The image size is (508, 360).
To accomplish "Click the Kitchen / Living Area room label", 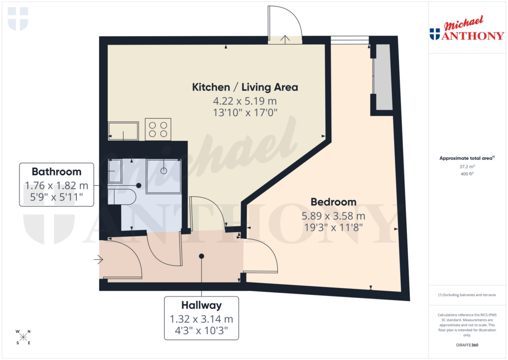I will pos(245,87).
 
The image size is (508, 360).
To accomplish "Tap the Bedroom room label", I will pos(333,202).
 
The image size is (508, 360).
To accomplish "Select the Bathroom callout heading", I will pos(57,172).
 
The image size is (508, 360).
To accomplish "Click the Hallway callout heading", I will pos(201,305).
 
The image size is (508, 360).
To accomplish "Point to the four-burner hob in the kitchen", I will pos(158,129).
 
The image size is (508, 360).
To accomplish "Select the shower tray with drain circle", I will pos(164,175).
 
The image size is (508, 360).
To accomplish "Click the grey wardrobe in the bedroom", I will pos(383,77).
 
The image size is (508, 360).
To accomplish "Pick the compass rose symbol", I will pos(23,337).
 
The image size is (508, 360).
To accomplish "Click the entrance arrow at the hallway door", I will pos(98,259).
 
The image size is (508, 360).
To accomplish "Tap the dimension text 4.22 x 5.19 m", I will pos(245,101).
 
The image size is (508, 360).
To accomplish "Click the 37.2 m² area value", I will pos(467,167).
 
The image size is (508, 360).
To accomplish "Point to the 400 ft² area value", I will pos(467,174).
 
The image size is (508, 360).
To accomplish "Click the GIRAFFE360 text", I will pos(467,345).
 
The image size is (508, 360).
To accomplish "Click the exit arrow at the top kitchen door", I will pos(286,40).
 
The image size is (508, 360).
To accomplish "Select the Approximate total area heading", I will pos(467,158).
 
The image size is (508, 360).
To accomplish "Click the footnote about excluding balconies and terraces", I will pos(467,295).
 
